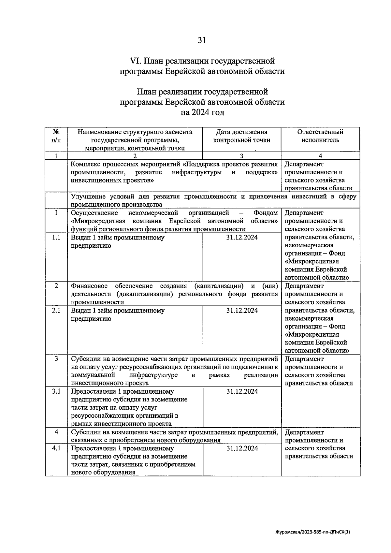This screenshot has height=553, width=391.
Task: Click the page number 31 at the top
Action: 202,40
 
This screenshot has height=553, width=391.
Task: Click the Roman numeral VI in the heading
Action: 135,61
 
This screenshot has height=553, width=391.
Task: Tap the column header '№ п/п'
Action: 56,136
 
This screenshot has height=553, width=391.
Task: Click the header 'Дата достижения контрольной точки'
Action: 241,136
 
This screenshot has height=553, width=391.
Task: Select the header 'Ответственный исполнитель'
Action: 320,136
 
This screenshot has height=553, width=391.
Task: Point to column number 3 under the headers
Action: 241,156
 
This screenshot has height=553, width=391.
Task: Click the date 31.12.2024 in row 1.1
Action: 241,238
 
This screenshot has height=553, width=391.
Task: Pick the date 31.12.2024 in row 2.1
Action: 242,311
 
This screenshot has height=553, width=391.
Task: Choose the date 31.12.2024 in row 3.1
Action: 242,391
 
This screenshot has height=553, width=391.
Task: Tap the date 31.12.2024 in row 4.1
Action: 242,448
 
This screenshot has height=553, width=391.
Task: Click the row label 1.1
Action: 56,238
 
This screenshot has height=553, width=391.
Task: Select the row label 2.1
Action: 56,311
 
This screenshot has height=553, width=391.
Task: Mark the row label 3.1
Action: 56,391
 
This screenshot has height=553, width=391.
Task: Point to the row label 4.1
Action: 56,448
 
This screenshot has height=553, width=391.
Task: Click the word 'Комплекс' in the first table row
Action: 85,164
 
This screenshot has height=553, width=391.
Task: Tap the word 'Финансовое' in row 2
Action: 89,286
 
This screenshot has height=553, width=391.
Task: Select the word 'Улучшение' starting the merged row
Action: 86,196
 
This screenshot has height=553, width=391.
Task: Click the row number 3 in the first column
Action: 56,359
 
